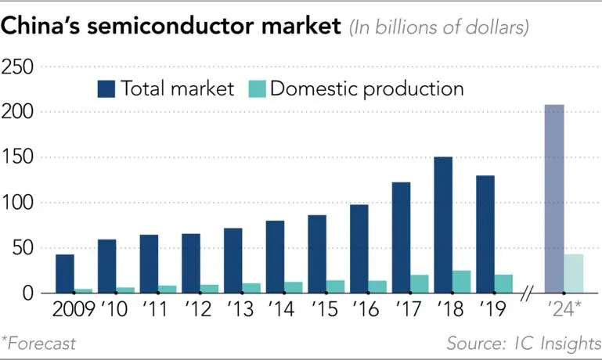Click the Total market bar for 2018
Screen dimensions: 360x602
click(443, 225)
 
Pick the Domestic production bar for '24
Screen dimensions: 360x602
click(574, 273)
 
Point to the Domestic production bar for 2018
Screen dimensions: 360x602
click(462, 282)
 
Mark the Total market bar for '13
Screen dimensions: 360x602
click(233, 261)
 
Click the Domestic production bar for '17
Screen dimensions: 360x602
click(420, 284)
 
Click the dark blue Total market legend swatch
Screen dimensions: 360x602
click(106, 88)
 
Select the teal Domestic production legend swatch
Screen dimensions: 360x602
click(256, 88)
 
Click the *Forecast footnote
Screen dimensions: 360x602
click(39, 343)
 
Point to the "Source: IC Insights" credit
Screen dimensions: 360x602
click(523, 343)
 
